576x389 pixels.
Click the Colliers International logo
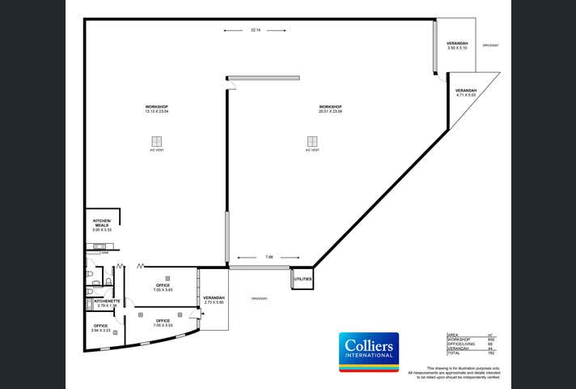coord(368,351)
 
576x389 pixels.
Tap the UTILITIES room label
coord(303,279)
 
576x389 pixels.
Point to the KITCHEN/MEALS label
coord(102,224)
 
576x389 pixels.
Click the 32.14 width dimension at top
coord(255,30)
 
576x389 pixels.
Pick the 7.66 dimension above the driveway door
coord(269,258)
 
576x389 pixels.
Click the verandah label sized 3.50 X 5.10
coord(457,45)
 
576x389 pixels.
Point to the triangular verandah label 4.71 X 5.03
coord(466,92)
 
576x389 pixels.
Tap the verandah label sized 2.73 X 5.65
coord(214,300)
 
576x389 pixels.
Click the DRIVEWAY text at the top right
coord(490,45)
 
